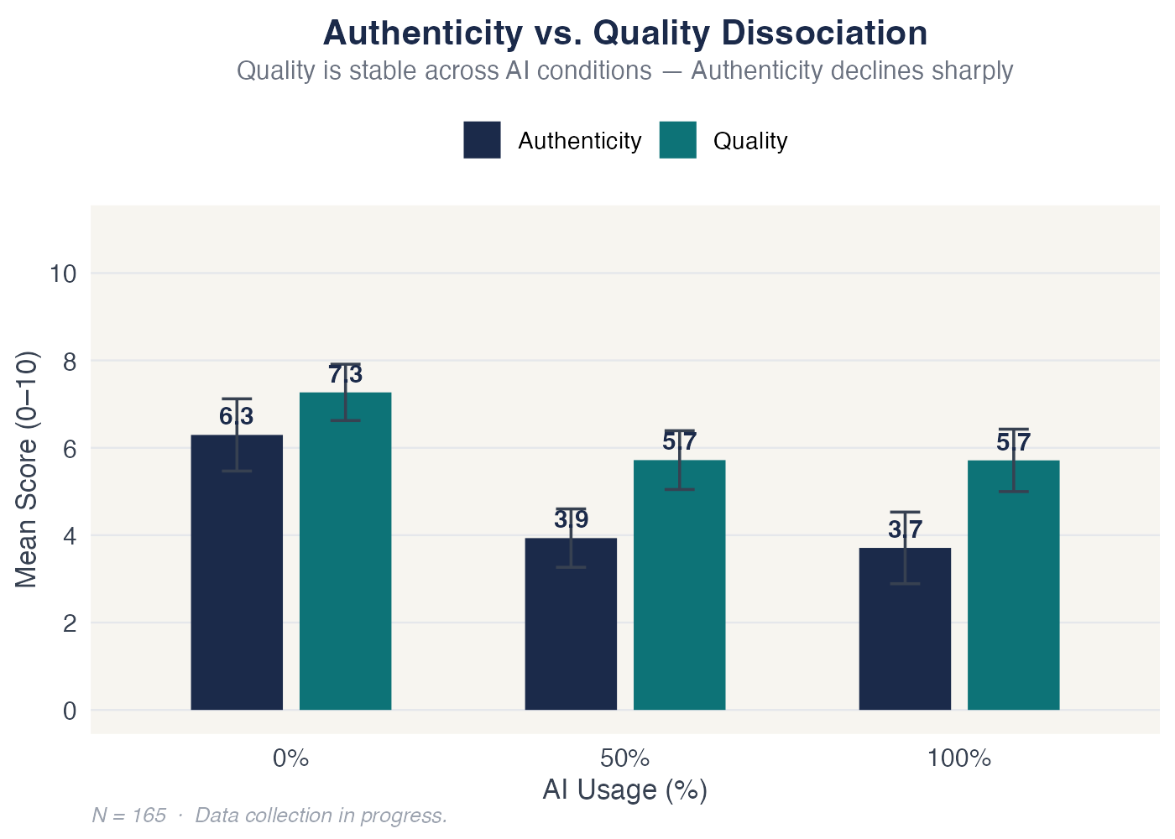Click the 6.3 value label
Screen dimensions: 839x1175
click(237, 416)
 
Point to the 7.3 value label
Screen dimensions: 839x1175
click(345, 374)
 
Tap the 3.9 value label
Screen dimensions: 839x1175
click(571, 519)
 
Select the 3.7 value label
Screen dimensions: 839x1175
click(905, 529)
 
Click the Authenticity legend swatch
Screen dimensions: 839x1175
click(482, 140)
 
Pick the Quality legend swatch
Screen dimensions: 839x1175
click(677, 140)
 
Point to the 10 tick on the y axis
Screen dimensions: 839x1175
click(64, 274)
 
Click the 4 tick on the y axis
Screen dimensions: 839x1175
click(70, 535)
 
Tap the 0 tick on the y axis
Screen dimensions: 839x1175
click(70, 711)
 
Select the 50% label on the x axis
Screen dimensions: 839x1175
click(625, 759)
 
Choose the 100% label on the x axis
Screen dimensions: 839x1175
click(959, 759)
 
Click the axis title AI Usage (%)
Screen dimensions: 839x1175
click(625, 789)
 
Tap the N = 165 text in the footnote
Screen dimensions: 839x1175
click(129, 816)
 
